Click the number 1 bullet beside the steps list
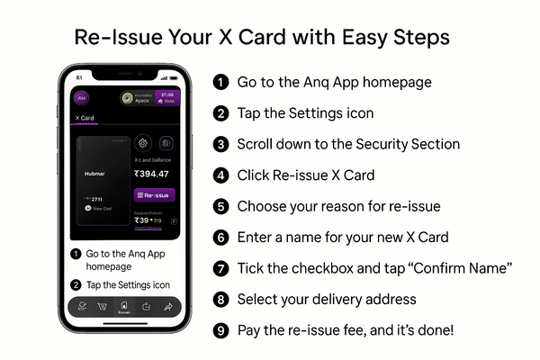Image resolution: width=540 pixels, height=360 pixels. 220,82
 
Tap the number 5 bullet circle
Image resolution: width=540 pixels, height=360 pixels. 220,206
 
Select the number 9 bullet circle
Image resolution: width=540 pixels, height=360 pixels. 220,330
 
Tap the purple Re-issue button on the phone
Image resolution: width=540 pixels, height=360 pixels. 154,194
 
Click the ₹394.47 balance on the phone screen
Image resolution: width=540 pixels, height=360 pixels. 151,174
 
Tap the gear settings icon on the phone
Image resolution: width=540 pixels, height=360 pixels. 142,143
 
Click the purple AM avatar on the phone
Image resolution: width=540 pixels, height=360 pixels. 81,98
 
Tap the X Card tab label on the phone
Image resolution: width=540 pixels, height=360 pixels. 86,118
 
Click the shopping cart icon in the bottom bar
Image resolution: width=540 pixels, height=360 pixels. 102,307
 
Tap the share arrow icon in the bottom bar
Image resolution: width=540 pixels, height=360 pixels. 167,307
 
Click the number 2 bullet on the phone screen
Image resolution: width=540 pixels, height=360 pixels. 76,285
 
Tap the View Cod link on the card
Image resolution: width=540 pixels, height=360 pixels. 101,208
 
